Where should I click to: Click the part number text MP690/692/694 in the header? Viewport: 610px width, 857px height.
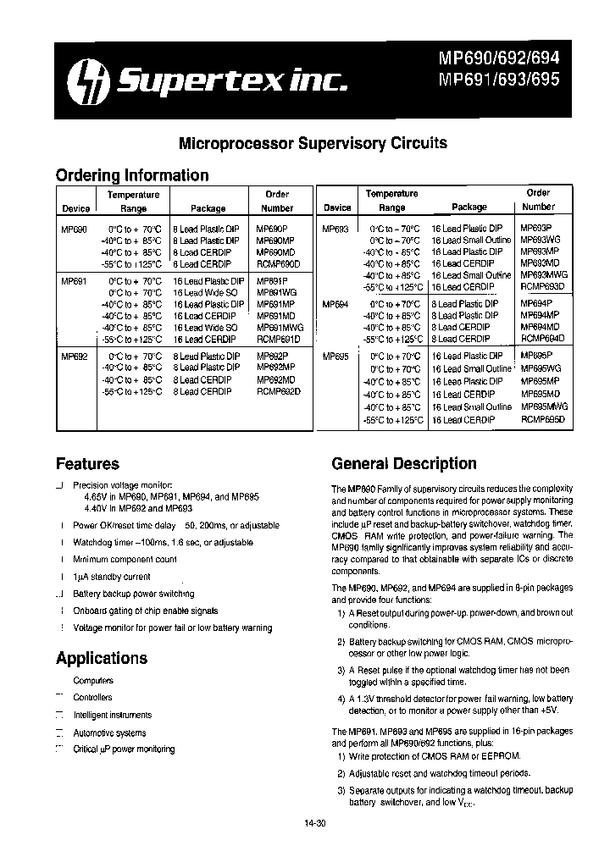click(497, 60)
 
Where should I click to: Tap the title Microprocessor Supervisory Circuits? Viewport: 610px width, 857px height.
click(313, 143)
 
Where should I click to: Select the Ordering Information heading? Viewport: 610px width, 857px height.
click(131, 175)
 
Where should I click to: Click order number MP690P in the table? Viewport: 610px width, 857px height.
click(272, 229)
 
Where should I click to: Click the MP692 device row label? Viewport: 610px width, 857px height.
click(75, 356)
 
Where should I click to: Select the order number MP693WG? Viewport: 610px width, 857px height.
click(543, 241)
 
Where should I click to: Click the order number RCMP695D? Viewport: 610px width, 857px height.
click(544, 418)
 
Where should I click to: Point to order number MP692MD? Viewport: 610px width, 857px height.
click(275, 380)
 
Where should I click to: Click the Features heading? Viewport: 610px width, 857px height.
click(87, 464)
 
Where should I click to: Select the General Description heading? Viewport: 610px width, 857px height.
click(404, 463)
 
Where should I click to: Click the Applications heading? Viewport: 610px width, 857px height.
click(102, 658)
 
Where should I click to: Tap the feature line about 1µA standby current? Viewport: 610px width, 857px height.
click(112, 577)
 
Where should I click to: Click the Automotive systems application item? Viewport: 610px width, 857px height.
click(109, 733)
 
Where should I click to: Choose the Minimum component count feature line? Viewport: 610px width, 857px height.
click(125, 560)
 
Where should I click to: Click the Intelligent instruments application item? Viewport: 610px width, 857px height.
click(113, 715)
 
